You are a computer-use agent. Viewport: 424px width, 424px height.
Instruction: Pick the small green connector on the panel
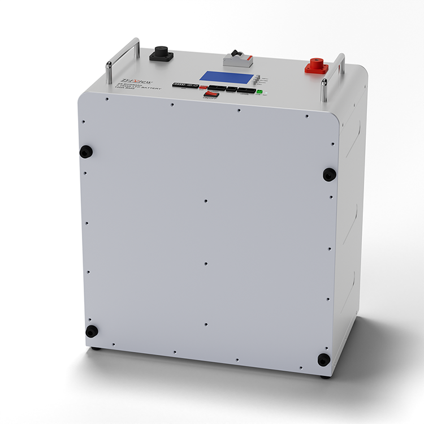point(259,92)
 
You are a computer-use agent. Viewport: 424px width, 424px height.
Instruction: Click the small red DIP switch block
point(202,88)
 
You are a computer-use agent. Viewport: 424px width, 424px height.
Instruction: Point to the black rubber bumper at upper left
point(86,151)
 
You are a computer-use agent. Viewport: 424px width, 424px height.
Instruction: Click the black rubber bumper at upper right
point(329,174)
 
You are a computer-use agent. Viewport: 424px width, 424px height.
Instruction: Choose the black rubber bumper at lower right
point(323,359)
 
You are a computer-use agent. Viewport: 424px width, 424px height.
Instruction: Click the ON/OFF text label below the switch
point(210,99)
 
